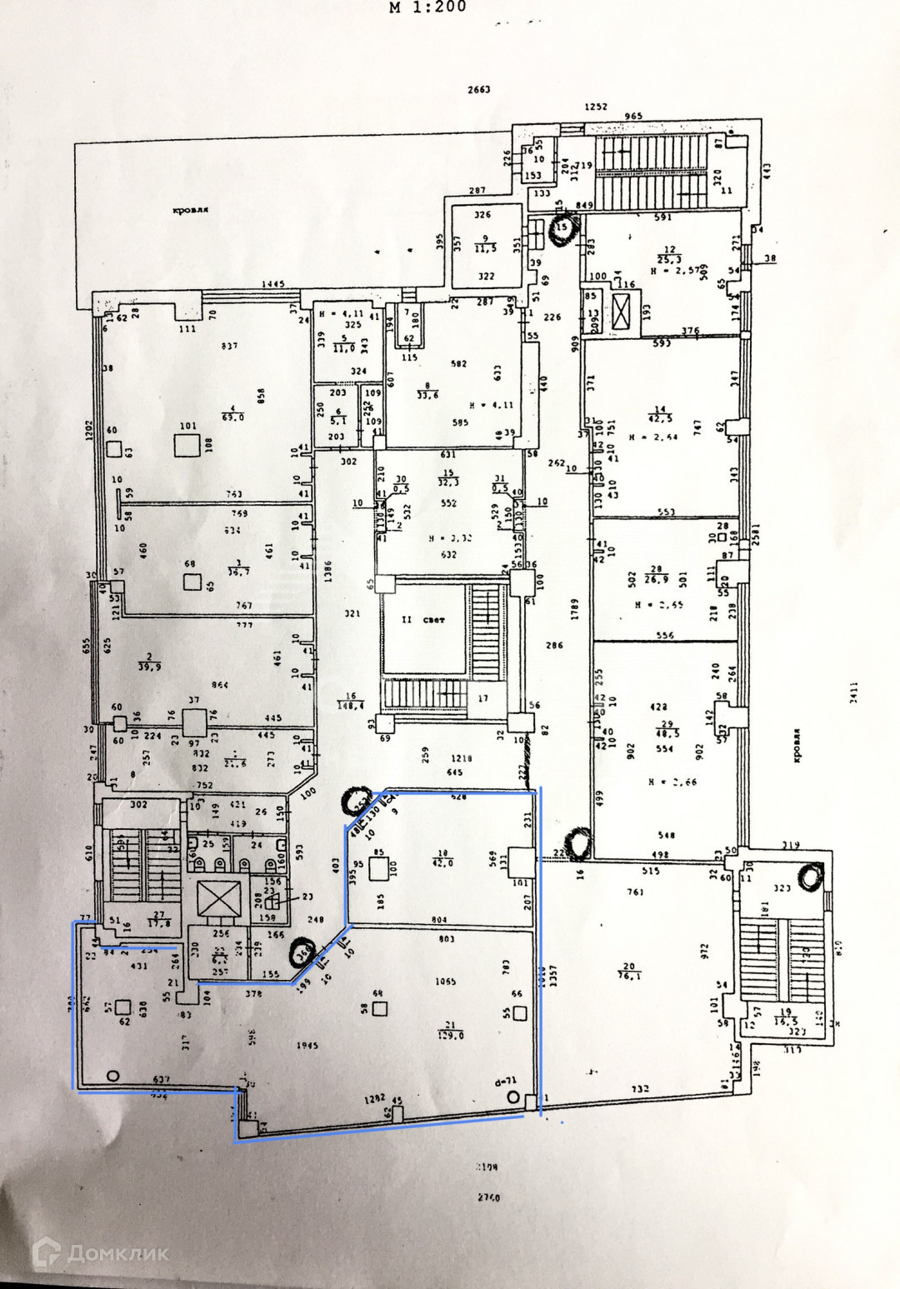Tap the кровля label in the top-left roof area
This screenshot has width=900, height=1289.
pyautogui.click(x=190, y=211)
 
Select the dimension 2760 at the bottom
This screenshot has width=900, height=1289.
pyautogui.click(x=488, y=1198)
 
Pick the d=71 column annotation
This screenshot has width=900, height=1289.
pyautogui.click(x=505, y=1081)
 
